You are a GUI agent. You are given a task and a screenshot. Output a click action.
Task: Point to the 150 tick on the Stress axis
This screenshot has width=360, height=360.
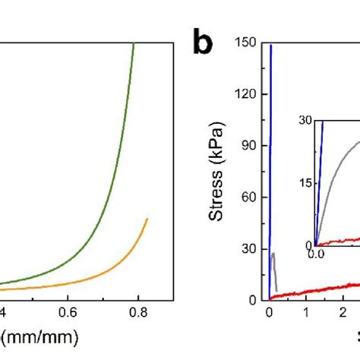point(249,43)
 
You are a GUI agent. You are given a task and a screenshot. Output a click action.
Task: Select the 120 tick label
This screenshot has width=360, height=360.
point(249,94)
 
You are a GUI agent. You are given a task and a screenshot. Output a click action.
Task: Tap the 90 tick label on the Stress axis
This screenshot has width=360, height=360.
point(252,146)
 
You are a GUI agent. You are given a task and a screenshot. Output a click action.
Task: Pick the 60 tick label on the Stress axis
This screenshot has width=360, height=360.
point(252,197)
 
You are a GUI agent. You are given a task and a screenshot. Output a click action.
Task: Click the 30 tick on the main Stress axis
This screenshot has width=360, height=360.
point(252,248)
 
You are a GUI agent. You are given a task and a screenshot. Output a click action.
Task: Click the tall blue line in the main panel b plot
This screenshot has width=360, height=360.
point(270,152)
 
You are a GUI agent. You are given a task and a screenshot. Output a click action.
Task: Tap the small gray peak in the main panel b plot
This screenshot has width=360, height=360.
point(273,254)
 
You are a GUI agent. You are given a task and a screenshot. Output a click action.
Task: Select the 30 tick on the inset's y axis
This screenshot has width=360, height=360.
point(305,119)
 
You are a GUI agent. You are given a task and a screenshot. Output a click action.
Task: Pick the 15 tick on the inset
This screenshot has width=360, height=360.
point(305,182)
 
